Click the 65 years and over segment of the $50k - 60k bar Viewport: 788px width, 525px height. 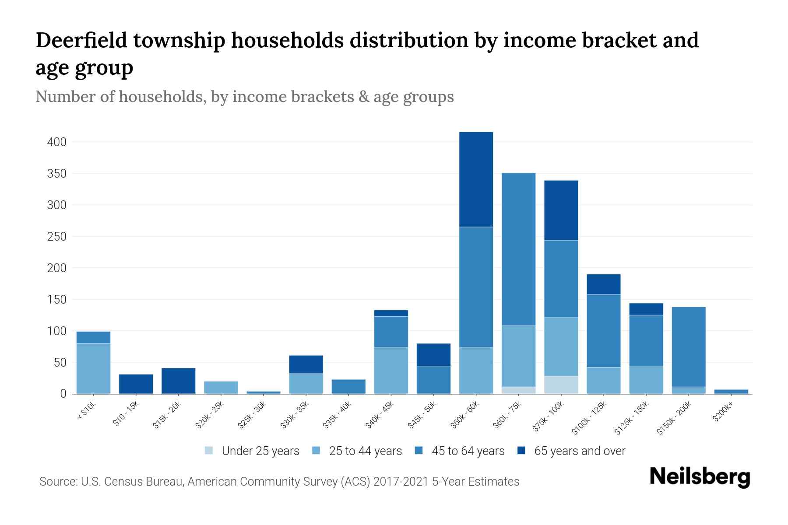[x=476, y=179]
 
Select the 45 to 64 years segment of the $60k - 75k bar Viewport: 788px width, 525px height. [x=518, y=249]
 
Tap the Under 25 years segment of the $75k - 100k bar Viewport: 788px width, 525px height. [x=561, y=385]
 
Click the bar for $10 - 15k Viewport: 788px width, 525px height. [x=136, y=384]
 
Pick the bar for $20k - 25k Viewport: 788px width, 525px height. [x=221, y=388]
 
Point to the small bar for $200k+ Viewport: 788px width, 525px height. [x=731, y=392]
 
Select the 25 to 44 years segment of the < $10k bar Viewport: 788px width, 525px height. [x=93, y=368]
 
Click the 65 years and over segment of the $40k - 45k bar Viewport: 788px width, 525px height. [x=391, y=313]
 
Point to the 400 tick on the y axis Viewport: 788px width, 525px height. [x=56, y=142]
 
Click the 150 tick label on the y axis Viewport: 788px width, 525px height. [x=56, y=300]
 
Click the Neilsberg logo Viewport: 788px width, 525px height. [x=700, y=477]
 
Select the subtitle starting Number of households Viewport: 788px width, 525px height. [x=244, y=97]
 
